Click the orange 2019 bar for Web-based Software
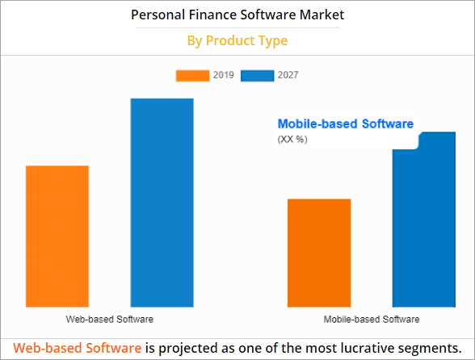[x=57, y=236]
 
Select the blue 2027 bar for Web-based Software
[x=162, y=202]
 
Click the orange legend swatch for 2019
[x=192, y=75]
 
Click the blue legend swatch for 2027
[x=257, y=75]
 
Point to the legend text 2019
[x=224, y=75]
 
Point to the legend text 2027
[x=288, y=75]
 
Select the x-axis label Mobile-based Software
[x=372, y=320]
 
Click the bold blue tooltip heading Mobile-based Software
[x=345, y=124]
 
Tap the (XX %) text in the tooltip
[x=292, y=140]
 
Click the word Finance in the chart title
[x=211, y=15]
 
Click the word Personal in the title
[x=158, y=15]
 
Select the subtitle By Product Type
[x=237, y=40]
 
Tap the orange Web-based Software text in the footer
[x=78, y=347]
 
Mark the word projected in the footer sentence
[x=191, y=347]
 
